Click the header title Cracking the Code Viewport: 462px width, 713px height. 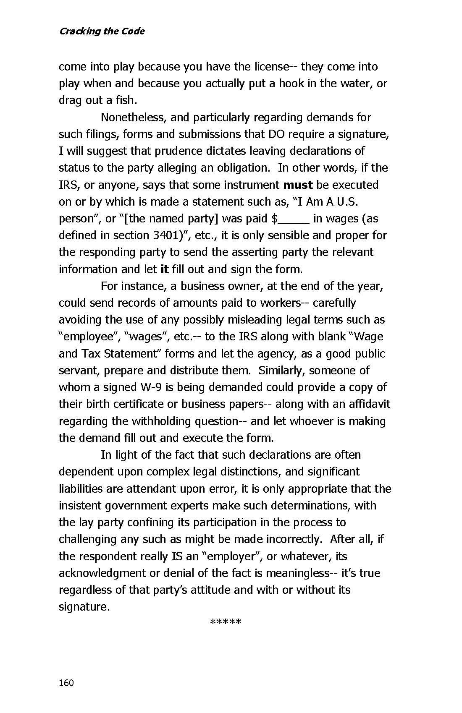[x=102, y=31]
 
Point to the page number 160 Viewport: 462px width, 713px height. [x=66, y=683]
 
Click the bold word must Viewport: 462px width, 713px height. [x=298, y=185]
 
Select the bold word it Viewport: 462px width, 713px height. [x=165, y=269]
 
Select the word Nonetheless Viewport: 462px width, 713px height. [x=132, y=118]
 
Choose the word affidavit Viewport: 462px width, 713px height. [x=367, y=404]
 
